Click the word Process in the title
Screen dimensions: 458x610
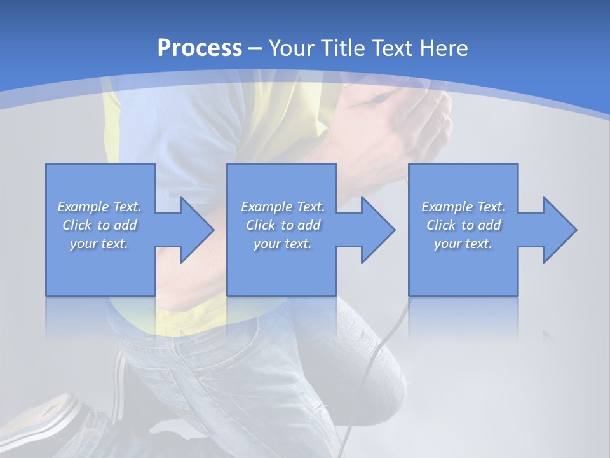(200, 48)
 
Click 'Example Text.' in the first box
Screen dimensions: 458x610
(99, 207)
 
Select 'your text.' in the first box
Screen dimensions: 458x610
(99, 244)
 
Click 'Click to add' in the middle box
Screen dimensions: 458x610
(283, 225)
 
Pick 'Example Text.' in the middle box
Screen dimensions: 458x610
(283, 207)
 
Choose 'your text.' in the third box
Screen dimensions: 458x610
(463, 244)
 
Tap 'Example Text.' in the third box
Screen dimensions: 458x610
(463, 207)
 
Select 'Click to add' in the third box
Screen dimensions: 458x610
(463, 225)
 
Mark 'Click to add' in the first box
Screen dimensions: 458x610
(99, 225)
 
